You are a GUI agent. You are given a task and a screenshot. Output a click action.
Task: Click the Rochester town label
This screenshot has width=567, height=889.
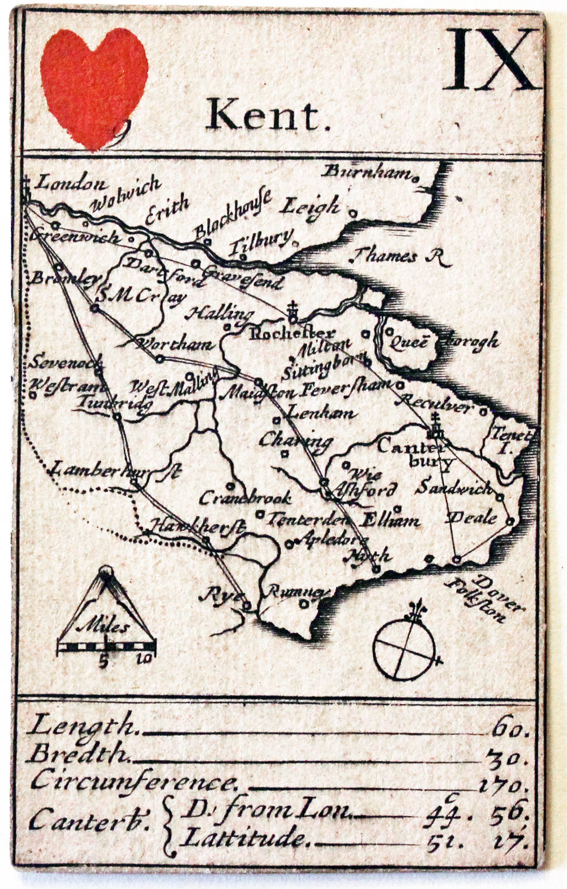292,333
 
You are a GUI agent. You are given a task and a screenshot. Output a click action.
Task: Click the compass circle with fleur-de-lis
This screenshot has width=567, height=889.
405,646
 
